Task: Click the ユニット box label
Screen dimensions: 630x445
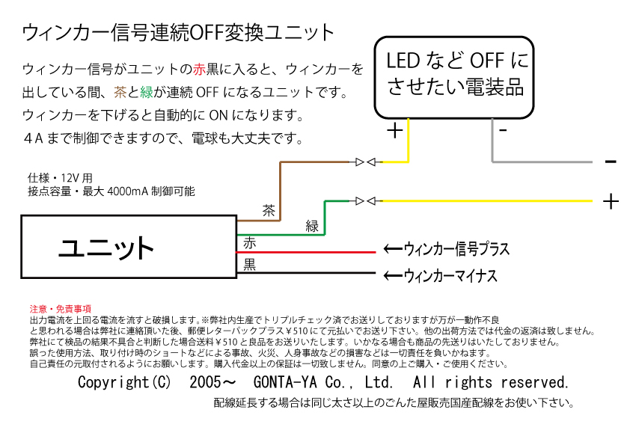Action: (106, 248)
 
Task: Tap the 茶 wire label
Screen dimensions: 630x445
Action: (269, 210)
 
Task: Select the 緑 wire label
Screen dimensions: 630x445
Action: (312, 226)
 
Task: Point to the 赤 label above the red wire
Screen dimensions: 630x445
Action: (249, 243)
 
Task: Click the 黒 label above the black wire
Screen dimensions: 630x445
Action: (249, 264)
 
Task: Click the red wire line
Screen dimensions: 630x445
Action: (306, 252)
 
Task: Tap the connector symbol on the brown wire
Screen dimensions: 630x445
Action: (366, 162)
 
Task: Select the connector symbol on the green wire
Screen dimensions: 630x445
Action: (366, 201)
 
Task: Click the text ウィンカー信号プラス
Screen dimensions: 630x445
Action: (456, 249)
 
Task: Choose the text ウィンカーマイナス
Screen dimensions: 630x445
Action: (450, 276)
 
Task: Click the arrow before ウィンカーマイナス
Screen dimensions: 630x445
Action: (394, 276)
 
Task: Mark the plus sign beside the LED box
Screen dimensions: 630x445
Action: (395, 131)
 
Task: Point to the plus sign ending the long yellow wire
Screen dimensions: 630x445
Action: (611, 202)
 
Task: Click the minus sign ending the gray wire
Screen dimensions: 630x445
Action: (611, 162)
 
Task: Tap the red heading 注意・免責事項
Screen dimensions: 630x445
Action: (61, 309)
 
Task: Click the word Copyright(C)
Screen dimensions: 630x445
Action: (124, 382)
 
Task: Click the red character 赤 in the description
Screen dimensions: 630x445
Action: (199, 70)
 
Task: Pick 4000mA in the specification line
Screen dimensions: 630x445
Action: (128, 191)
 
